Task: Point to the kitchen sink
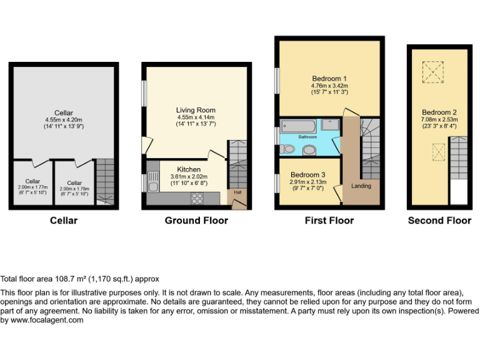click(x=153, y=182)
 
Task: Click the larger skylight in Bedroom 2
click(x=431, y=72)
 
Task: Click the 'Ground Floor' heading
click(x=196, y=221)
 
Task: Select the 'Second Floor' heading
click(x=439, y=221)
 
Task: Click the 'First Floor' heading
click(x=329, y=221)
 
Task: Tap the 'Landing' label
click(x=361, y=186)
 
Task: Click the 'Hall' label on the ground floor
click(x=237, y=192)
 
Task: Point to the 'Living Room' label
click(x=195, y=110)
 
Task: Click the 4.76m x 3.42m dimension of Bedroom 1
click(x=329, y=86)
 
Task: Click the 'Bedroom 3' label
click(x=307, y=174)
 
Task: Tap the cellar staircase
click(x=106, y=181)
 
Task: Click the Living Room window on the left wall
click(x=144, y=94)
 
